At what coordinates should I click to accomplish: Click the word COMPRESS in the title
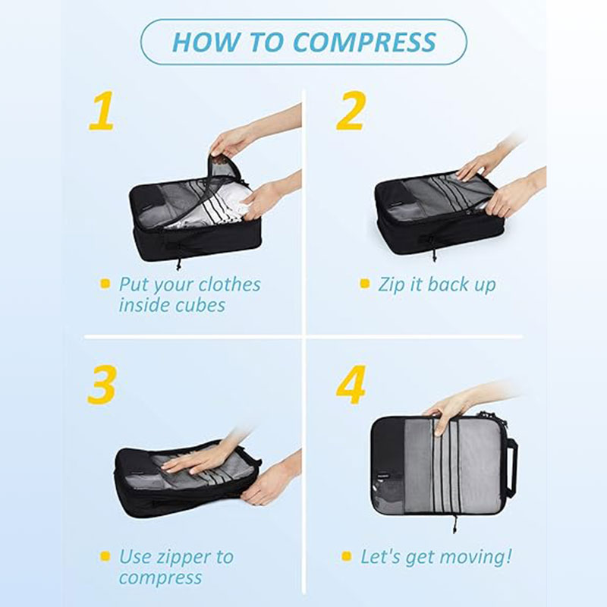364,42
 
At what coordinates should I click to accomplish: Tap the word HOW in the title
205,42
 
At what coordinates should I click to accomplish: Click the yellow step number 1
102,111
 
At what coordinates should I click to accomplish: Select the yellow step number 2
351,111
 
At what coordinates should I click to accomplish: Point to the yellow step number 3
102,385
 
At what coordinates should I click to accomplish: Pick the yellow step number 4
351,385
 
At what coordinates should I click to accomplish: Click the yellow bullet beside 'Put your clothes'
105,283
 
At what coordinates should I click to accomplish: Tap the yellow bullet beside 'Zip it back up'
365,283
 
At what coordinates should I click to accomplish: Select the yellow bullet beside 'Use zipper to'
105,556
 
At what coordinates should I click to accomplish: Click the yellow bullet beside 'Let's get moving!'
347,556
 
